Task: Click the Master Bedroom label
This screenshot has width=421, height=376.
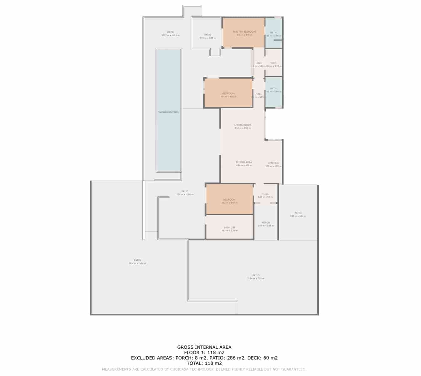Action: [x=244, y=32]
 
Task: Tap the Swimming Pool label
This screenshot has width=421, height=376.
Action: [x=168, y=112]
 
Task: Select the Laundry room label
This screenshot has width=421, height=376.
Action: [x=229, y=227]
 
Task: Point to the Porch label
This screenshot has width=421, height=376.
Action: [x=266, y=223]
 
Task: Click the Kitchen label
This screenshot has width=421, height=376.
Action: [x=273, y=163]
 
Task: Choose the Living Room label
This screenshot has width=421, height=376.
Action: [x=243, y=125]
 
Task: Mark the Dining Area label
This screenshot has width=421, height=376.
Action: [x=244, y=162]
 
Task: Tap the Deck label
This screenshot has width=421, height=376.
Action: [x=171, y=32]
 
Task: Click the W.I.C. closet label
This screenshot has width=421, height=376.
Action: [x=274, y=63]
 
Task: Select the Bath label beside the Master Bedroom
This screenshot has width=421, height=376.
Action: [x=273, y=33]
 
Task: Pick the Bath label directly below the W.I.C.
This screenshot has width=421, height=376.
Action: [x=273, y=89]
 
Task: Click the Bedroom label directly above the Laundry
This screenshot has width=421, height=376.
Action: [x=229, y=200]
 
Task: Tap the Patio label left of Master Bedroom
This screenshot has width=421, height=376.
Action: [x=208, y=35]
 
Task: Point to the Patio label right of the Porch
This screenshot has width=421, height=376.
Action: [x=298, y=213]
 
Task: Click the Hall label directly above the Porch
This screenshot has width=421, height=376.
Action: [x=265, y=194]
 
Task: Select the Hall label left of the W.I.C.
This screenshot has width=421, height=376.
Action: [x=259, y=63]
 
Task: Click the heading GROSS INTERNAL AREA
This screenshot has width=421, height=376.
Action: [x=204, y=347]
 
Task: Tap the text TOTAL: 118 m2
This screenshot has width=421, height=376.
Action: [x=204, y=363]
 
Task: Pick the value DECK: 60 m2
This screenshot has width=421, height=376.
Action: [x=262, y=358]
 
